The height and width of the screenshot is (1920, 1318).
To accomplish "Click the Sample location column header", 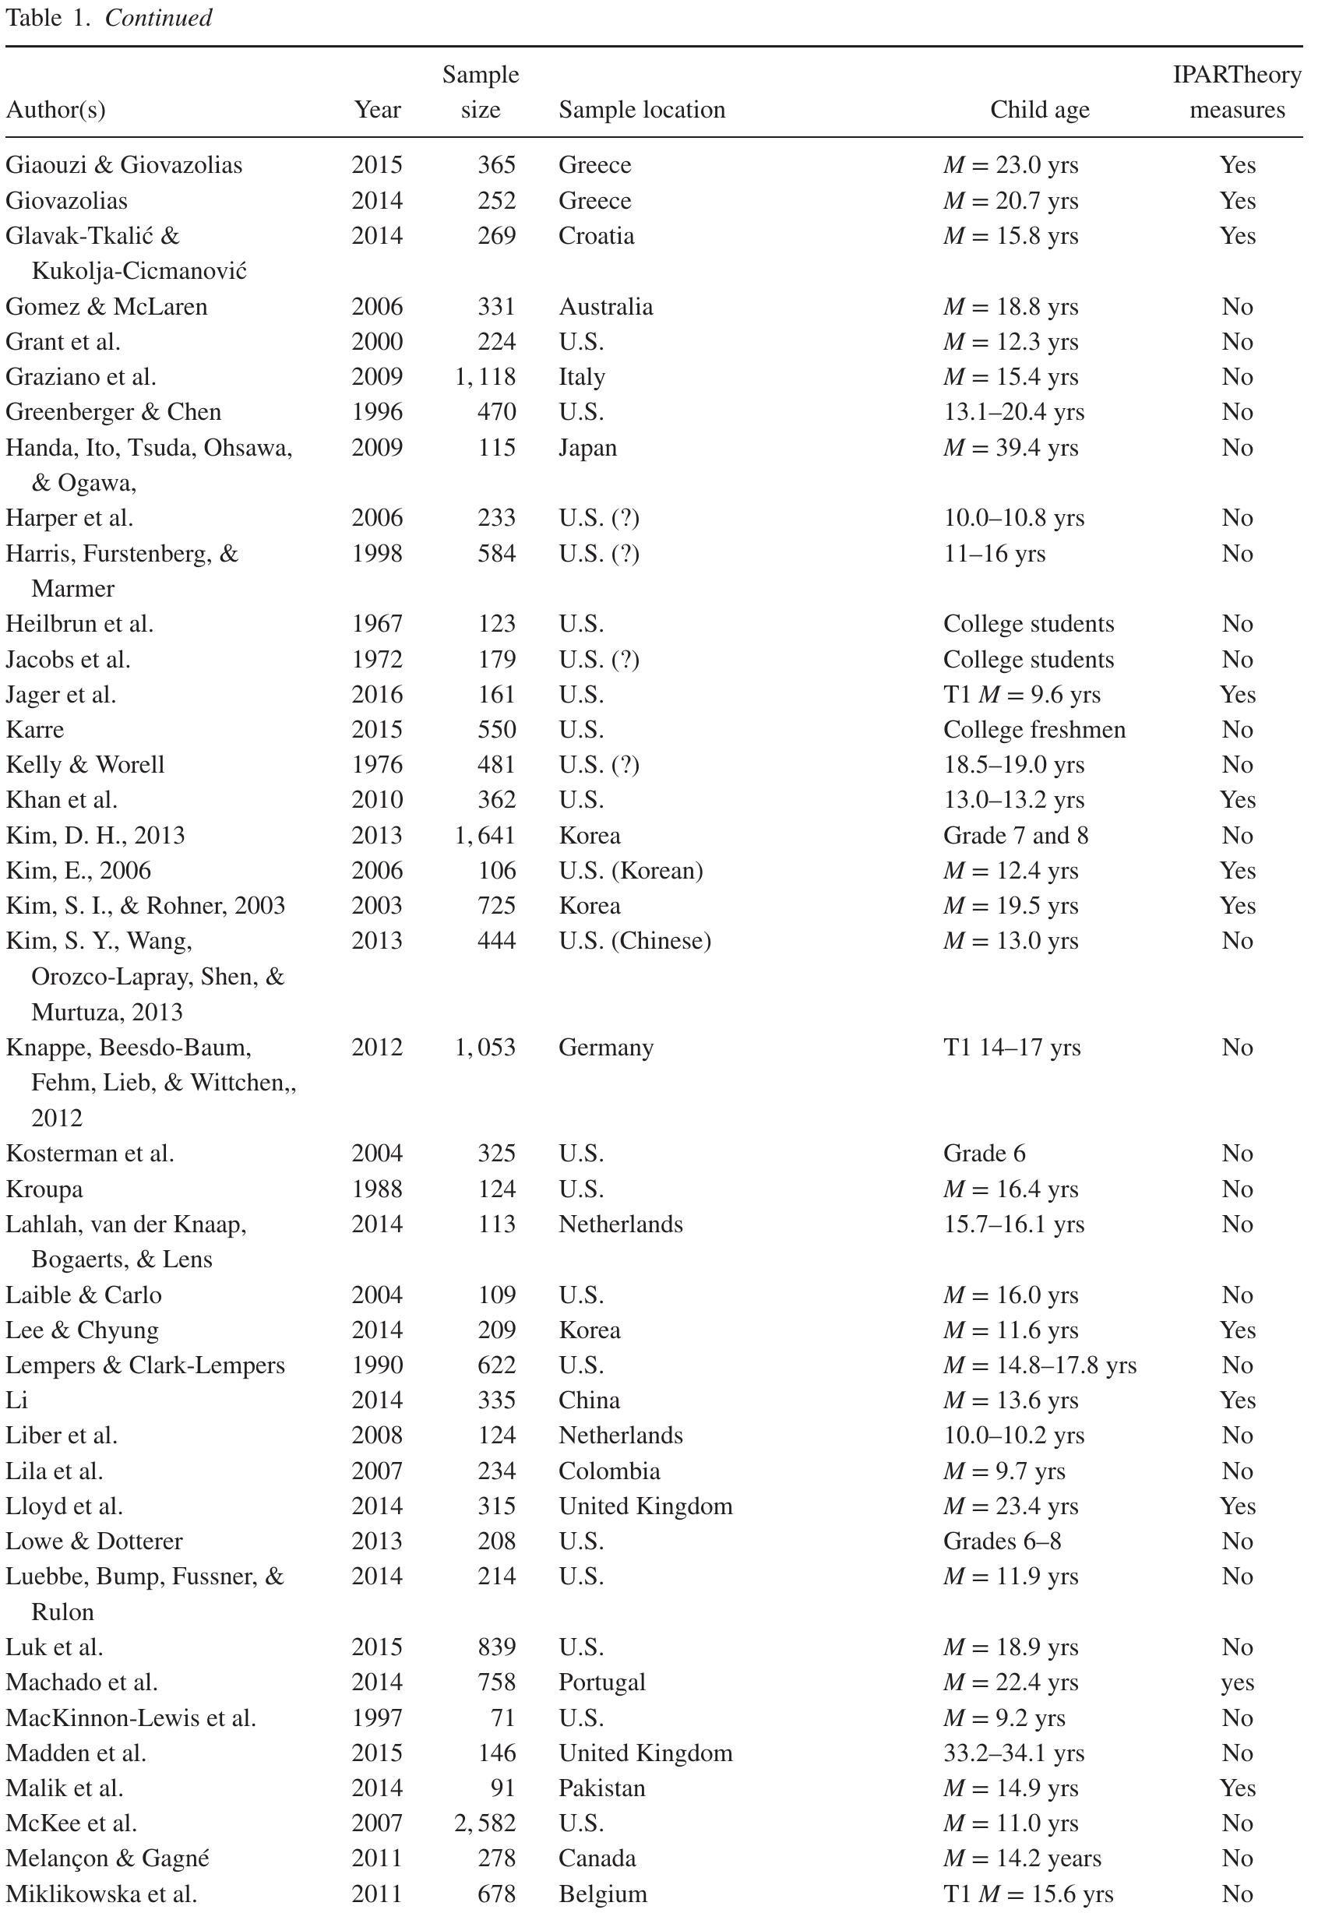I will click(641, 110).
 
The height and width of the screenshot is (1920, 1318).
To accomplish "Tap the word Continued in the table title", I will click(158, 17).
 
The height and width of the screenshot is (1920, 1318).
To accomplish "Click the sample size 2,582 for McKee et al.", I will click(485, 1823).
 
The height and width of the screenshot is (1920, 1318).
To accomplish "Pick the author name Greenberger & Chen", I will click(113, 412).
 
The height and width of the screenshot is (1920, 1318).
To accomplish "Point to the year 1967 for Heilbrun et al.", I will click(377, 624).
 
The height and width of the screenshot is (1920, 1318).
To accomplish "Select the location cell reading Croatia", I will click(596, 236).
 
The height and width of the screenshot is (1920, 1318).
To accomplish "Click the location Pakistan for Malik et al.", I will click(601, 1788).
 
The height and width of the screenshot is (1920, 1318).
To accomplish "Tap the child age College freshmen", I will click(1034, 730).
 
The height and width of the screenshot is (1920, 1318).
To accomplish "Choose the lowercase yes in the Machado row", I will click(1237, 1683).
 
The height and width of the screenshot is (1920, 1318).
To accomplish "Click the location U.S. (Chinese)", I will click(635, 941).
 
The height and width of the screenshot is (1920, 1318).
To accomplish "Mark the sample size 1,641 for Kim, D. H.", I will click(485, 835).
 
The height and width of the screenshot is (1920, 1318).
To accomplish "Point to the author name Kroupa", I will click(44, 1189).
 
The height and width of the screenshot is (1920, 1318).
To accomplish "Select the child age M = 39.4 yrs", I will click(1010, 448).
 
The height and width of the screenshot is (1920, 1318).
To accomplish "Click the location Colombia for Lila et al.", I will click(609, 1471).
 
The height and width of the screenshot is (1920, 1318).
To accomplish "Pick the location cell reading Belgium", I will click(602, 1894).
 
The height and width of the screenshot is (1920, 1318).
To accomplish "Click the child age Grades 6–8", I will click(1002, 1541).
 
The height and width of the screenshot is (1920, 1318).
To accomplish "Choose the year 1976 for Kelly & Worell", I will click(377, 765).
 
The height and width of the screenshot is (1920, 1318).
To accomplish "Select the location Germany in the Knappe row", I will click(606, 1048).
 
